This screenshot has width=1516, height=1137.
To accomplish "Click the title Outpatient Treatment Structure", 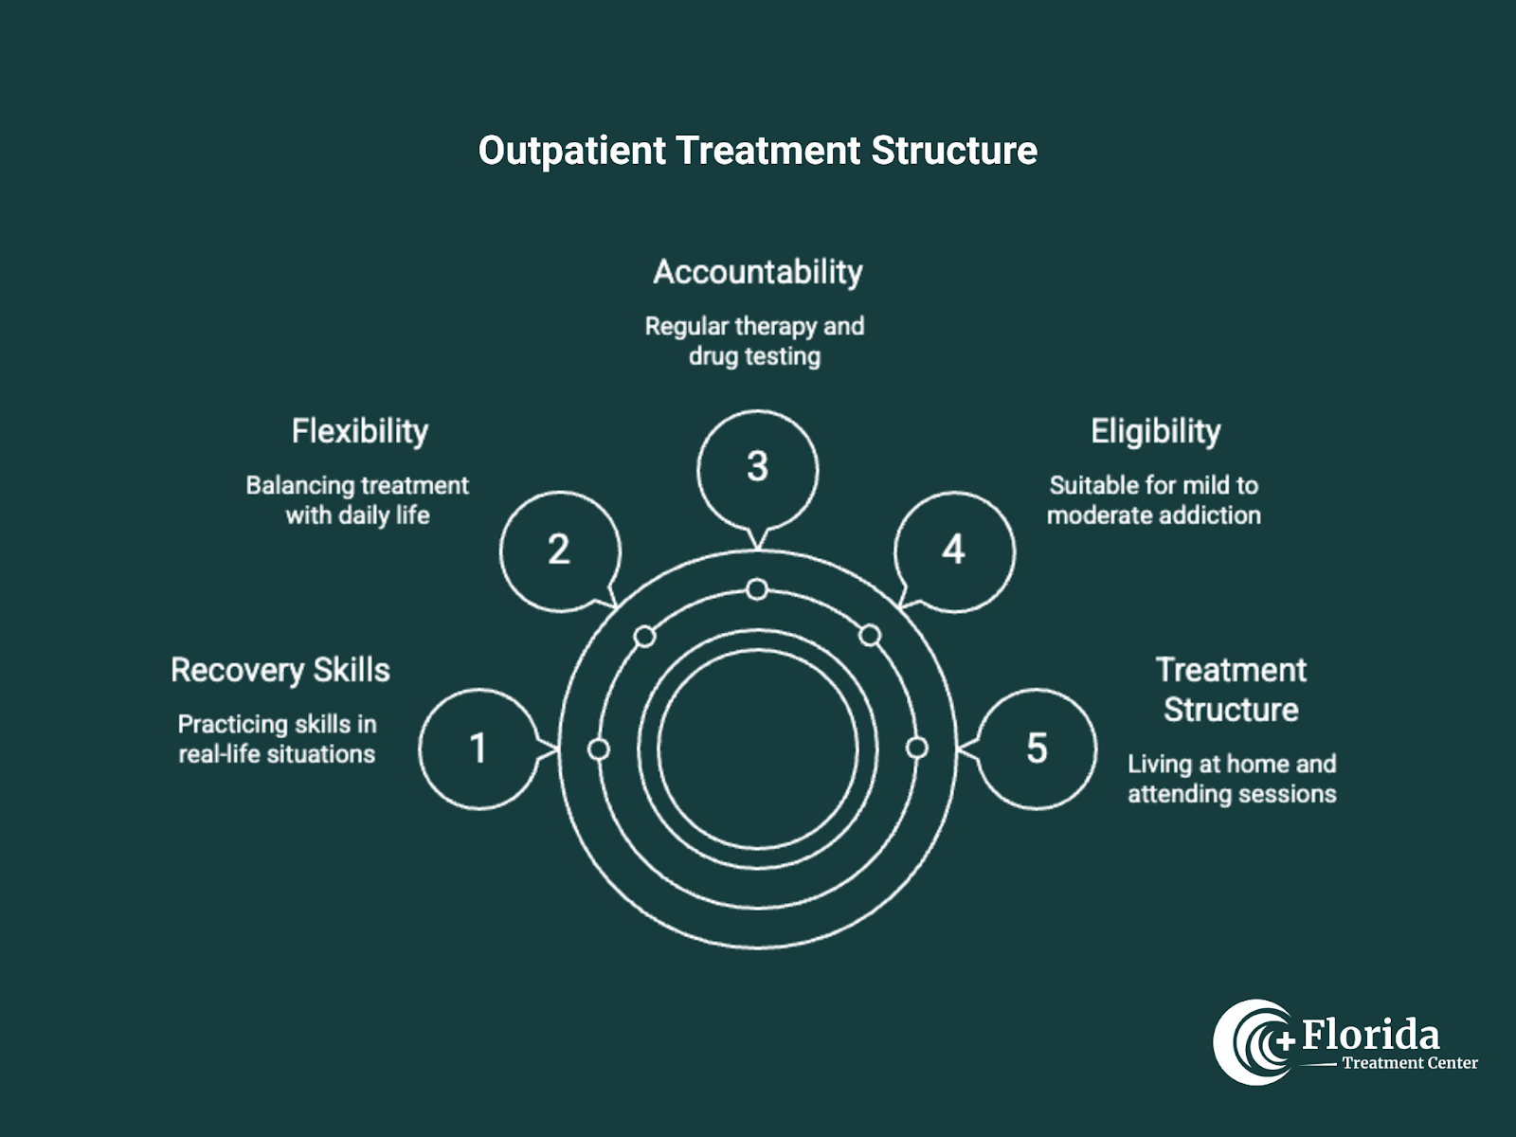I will click(x=757, y=151).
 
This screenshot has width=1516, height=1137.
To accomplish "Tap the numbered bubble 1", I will click(x=478, y=749).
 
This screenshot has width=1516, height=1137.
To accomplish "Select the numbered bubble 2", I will click(x=559, y=550).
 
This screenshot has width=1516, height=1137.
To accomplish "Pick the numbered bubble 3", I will click(x=757, y=467).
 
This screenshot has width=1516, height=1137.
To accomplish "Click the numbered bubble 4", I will click(x=954, y=550).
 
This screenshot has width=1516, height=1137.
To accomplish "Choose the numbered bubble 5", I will click(x=1037, y=749).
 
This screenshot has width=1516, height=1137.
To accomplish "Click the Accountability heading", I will click(x=757, y=272).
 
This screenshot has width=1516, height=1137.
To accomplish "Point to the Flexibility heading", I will click(x=359, y=431).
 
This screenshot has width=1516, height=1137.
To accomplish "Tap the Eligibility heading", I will click(x=1155, y=431).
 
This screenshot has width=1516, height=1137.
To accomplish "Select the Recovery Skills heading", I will click(x=280, y=670).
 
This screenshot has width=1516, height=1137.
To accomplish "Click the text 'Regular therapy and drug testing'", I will click(x=754, y=341).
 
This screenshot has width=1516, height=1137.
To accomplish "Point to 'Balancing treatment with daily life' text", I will click(x=357, y=500).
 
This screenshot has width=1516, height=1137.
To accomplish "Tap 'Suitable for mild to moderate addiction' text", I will click(x=1153, y=500).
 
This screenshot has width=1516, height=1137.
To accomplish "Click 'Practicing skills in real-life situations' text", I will click(x=277, y=739).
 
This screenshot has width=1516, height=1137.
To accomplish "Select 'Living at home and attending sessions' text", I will click(x=1232, y=779).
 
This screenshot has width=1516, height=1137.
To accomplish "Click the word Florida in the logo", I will click(x=1370, y=1035).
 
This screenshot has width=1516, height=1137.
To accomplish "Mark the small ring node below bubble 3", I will click(x=756, y=590).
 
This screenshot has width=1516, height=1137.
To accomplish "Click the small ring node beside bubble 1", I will click(x=599, y=749).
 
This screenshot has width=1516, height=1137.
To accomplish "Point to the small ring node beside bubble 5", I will click(x=916, y=749).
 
